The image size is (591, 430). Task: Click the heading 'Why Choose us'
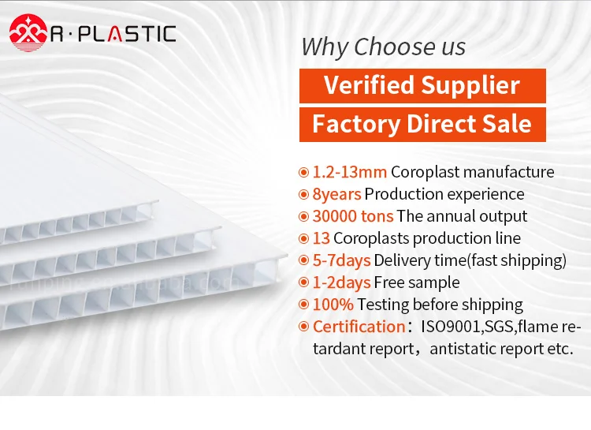[384, 47]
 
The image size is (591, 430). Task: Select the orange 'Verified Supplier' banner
[422, 85]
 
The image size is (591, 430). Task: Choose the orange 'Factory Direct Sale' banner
[422, 124]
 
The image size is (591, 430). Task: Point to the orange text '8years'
[336, 194]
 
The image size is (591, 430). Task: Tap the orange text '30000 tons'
[352, 216]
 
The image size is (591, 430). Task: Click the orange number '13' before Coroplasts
[321, 238]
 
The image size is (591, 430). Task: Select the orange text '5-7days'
[341, 260]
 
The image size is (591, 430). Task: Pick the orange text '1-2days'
[341, 282]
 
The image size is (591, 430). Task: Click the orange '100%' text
[333, 305]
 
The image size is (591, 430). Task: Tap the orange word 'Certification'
[359, 327]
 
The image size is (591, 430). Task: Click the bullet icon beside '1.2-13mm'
[303, 172]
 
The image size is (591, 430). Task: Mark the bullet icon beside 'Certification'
[303, 327]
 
